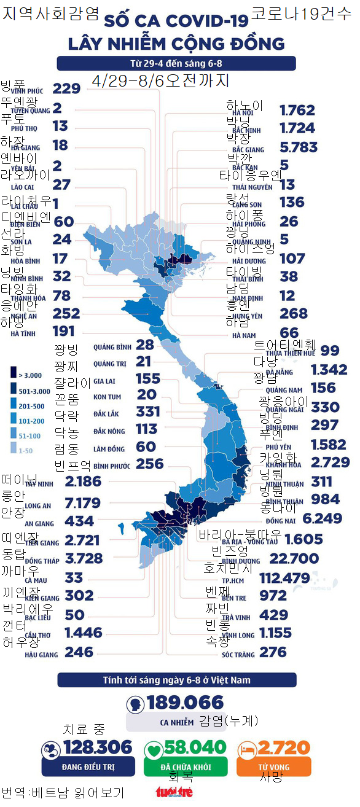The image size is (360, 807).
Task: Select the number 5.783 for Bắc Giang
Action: (x=298, y=147)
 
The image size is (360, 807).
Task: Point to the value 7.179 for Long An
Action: (x=82, y=504)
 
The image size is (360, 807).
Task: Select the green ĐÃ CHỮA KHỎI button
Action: (x=186, y=767)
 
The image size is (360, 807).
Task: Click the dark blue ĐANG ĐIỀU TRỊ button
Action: (x=87, y=767)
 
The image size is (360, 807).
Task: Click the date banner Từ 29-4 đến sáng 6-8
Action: (x=176, y=64)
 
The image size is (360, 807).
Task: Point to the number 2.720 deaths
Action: (x=283, y=747)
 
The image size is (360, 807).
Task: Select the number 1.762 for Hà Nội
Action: (x=297, y=111)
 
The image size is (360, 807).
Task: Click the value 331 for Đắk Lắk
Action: (x=147, y=411)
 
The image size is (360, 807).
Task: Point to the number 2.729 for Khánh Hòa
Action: (x=322, y=462)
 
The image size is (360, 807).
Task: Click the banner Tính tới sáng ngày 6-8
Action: (x=176, y=680)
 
